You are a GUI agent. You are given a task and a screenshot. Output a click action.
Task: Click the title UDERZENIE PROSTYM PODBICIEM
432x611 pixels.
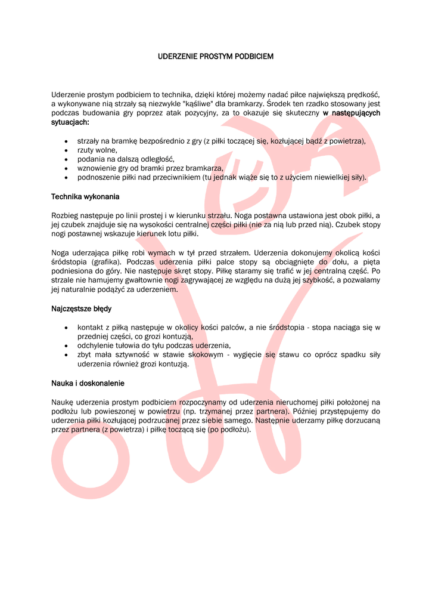[x=216, y=57]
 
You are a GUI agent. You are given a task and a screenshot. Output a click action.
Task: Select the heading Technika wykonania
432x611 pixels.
[x=85, y=196]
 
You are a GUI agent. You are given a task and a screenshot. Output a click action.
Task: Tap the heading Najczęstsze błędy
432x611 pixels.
[x=81, y=309]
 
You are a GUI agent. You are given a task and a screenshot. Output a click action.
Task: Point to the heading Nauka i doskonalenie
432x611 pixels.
[x=88, y=383]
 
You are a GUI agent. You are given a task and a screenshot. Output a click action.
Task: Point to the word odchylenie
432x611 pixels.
[x=96, y=345]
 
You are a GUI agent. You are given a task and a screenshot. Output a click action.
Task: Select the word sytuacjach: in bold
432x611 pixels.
[x=70, y=122]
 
